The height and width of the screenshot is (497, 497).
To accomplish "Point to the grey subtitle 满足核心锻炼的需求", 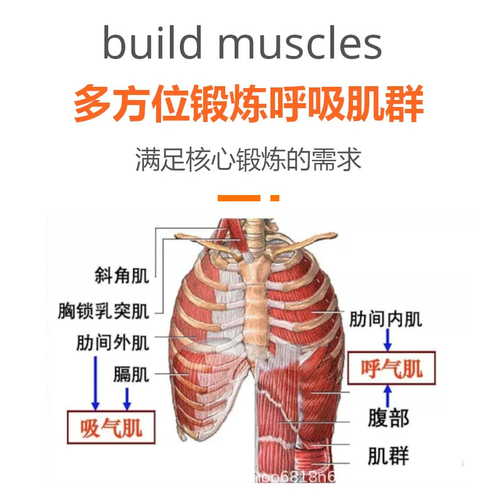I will click(248, 160).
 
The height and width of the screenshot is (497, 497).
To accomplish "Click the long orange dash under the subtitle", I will click(238, 198).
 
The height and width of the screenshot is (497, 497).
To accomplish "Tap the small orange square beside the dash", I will click(274, 198).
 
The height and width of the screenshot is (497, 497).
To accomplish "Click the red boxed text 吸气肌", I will click(111, 428).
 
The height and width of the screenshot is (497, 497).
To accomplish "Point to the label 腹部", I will click(388, 419).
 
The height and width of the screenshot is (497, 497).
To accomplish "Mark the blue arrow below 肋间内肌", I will click(388, 340).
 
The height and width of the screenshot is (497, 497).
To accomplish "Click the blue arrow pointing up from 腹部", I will click(388, 396).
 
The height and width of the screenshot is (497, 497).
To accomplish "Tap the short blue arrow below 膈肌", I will click(127, 398).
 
